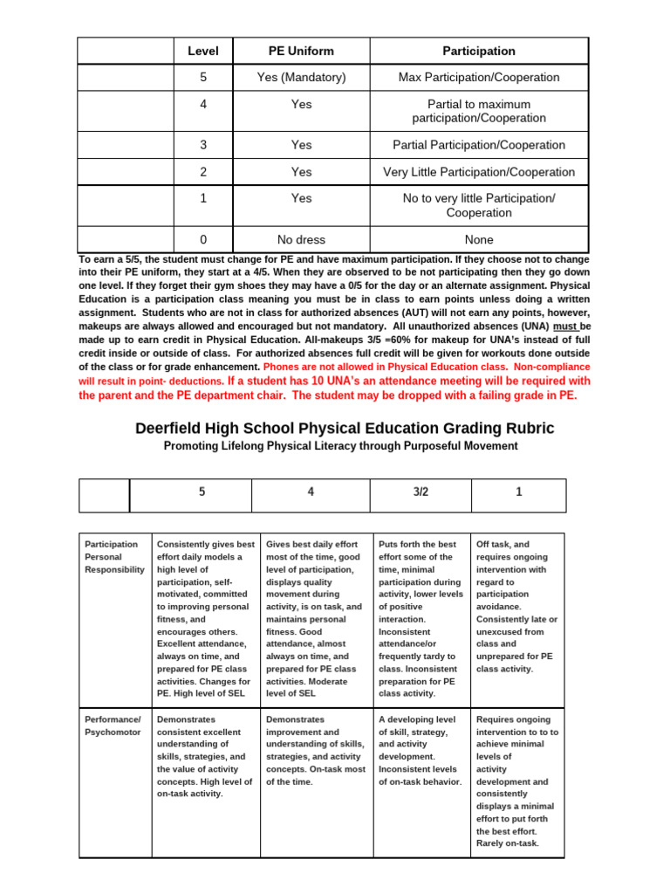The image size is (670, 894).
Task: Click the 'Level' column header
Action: point(202,52)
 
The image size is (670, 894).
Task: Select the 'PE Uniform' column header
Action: point(301,52)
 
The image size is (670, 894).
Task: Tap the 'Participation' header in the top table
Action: point(479,52)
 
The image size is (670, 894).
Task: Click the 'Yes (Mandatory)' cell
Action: point(301,78)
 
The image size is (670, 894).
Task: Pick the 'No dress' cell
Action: point(301,239)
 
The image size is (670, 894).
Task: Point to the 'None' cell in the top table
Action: point(479,239)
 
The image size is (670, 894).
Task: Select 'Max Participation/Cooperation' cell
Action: point(479,78)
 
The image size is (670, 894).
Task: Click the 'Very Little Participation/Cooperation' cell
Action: point(479,172)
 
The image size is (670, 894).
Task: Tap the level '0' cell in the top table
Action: point(202,239)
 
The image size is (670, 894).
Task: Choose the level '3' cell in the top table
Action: point(202,145)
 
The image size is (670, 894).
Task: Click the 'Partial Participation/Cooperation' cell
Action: point(479,145)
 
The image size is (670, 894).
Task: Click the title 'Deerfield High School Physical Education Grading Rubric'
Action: point(345,428)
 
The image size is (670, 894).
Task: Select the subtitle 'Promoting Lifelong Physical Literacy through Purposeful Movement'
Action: point(340,446)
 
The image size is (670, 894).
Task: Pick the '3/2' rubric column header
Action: point(420,492)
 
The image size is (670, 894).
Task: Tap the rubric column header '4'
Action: point(311,492)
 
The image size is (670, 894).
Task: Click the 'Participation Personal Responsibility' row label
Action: point(114,557)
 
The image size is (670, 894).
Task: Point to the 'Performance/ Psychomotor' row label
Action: point(113,726)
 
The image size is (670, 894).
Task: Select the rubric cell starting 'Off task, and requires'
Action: point(517,606)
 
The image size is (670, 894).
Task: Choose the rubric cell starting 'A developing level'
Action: point(420,751)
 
